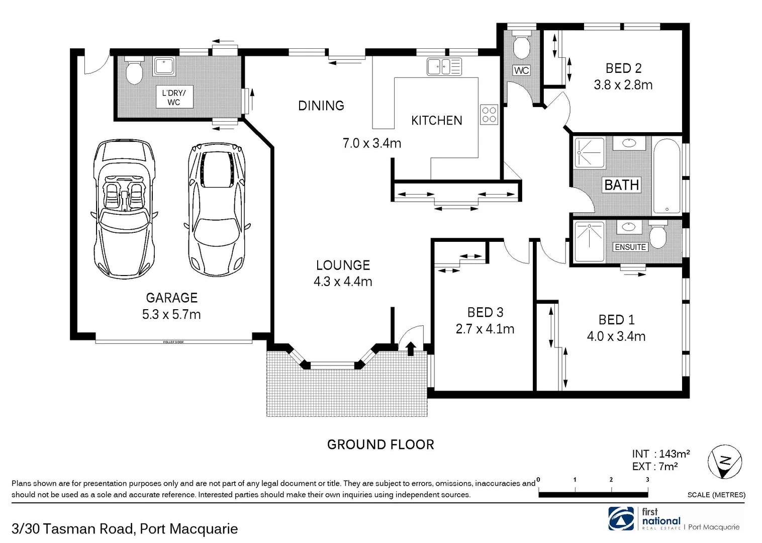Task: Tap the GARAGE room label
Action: (x=171, y=298)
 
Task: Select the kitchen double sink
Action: (x=444, y=66)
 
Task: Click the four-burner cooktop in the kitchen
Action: (x=489, y=114)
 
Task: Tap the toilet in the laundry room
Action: (x=134, y=72)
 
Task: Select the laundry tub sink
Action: (x=164, y=66)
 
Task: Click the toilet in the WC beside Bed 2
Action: (x=521, y=46)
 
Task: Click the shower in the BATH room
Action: (x=590, y=152)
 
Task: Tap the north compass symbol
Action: (x=724, y=462)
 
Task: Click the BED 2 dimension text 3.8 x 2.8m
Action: (x=623, y=85)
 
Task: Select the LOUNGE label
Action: (x=343, y=265)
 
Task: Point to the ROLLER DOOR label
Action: (x=173, y=342)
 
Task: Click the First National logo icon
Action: (x=621, y=519)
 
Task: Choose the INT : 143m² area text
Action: (x=660, y=454)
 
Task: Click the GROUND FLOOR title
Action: (x=380, y=444)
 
